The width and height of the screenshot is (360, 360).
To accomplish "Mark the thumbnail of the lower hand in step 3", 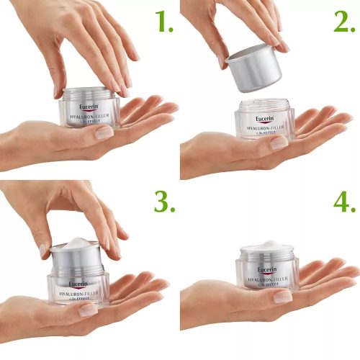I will coord(89,310).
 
